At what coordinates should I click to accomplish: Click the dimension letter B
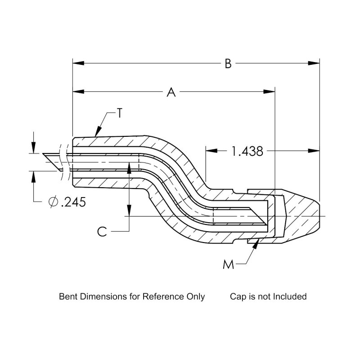(x=228, y=64)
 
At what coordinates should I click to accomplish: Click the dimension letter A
(x=171, y=92)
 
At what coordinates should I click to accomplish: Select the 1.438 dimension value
(x=247, y=151)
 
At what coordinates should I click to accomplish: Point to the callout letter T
(x=119, y=114)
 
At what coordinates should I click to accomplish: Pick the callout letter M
(x=229, y=264)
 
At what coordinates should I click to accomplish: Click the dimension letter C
(x=102, y=231)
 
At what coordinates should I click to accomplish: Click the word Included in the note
(x=292, y=297)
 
